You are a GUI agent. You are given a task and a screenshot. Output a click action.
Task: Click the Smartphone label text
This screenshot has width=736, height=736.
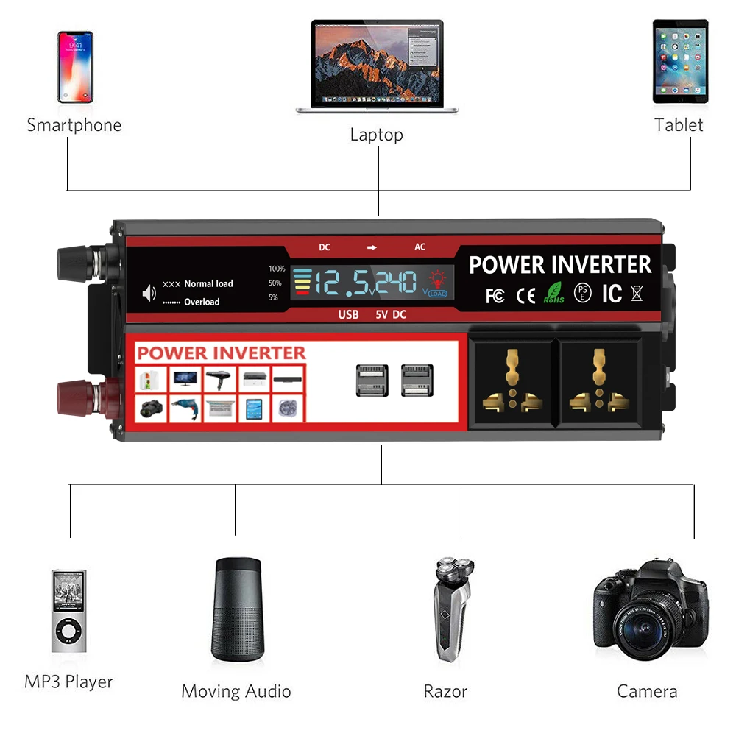(x=74, y=125)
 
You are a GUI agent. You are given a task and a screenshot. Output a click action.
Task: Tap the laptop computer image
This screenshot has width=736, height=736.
(x=376, y=66)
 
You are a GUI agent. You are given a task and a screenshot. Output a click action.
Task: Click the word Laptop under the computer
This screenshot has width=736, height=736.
(x=376, y=135)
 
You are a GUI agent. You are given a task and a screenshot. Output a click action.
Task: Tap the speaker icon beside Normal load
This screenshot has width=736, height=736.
(x=149, y=293)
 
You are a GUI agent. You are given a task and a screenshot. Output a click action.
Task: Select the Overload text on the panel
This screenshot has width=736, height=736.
(x=202, y=302)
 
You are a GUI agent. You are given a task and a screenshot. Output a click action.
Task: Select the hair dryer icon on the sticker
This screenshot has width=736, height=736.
(x=219, y=379)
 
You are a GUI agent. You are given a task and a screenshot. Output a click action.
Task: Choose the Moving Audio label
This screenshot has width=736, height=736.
(x=236, y=692)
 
